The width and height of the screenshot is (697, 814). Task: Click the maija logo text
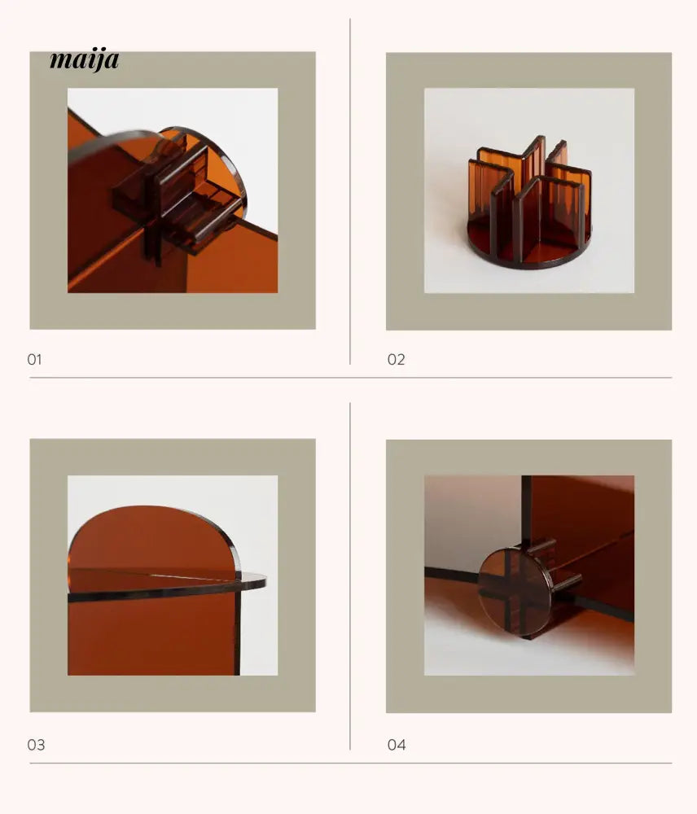(x=84, y=59)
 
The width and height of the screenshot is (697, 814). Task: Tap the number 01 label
(x=34, y=359)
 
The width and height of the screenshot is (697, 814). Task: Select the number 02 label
(x=396, y=359)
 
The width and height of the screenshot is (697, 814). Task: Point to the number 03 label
(x=36, y=745)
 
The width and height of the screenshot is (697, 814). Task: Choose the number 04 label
(x=397, y=745)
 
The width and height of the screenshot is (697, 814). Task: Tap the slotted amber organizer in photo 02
(x=530, y=203)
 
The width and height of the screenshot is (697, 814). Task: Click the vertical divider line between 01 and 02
(x=350, y=191)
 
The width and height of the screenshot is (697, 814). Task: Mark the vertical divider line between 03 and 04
(x=350, y=575)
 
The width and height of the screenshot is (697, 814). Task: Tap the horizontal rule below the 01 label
(x=351, y=378)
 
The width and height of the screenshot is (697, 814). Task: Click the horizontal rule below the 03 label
(x=351, y=764)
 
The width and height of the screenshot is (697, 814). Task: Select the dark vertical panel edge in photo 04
(x=526, y=511)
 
